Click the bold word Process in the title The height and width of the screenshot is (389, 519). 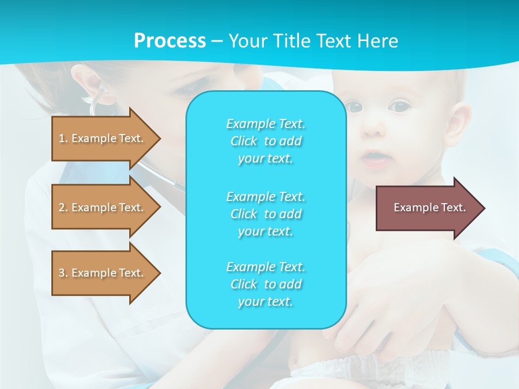coord(170,41)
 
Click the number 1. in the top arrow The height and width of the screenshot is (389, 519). coord(63,138)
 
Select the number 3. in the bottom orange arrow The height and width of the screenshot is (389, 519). coord(63,273)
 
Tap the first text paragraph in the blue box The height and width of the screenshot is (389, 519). coord(265,141)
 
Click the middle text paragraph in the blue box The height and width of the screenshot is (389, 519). coord(265,213)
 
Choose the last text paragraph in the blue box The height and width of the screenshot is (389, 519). coord(265,284)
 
